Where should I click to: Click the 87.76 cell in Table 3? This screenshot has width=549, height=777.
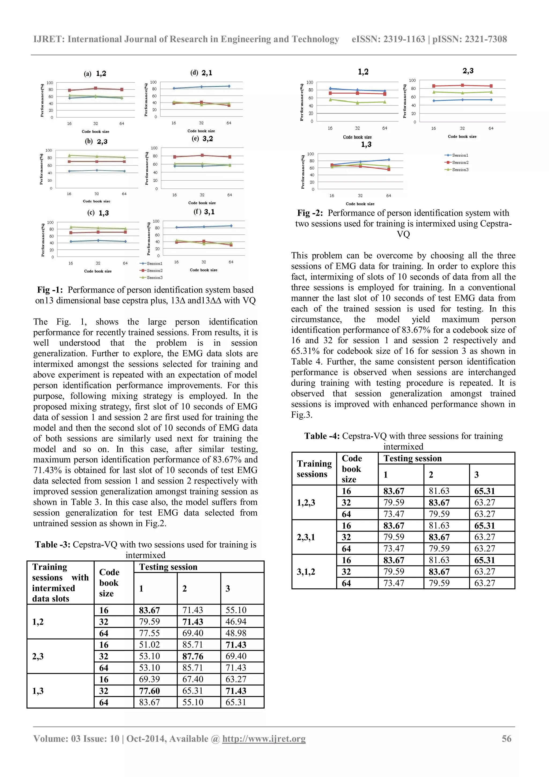(193, 657)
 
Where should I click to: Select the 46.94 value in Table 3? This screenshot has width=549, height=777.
(236, 622)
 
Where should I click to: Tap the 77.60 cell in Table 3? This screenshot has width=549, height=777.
(149, 691)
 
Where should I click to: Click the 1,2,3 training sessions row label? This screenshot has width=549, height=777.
(306, 503)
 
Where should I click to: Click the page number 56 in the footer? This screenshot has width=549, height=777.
(506, 738)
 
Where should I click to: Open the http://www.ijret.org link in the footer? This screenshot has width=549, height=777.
(264, 738)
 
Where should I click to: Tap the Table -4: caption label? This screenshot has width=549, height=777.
(322, 436)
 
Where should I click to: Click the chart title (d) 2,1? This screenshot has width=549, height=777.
(202, 73)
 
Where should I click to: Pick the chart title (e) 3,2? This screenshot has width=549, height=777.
(202, 139)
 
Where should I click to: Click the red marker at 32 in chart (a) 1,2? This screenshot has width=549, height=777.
(96, 88)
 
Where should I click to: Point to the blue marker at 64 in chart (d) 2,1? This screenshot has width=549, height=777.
(229, 86)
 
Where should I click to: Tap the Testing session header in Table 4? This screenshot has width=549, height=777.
(413, 458)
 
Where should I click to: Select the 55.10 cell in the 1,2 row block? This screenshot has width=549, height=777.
(236, 610)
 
